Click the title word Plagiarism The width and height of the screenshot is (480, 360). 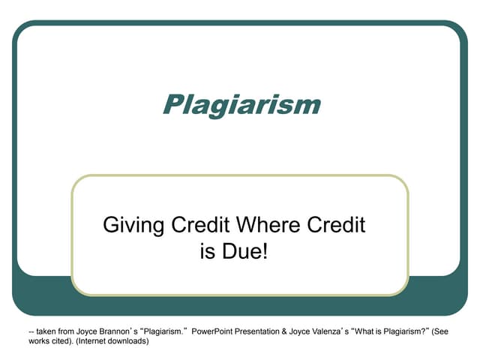[241, 104]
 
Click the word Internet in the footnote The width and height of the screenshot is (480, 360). [90, 341]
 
